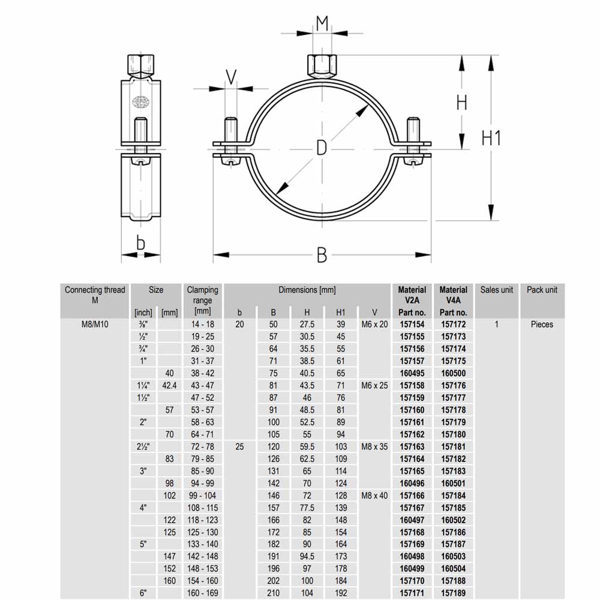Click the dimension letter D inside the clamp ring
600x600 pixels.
pyautogui.click(x=322, y=148)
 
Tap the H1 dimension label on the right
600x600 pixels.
pyautogui.click(x=491, y=138)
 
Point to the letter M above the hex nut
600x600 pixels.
pyautogui.click(x=322, y=23)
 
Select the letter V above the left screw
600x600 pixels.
pyautogui.click(x=231, y=77)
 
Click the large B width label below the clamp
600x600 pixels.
pyautogui.click(x=322, y=255)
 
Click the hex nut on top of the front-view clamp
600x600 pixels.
pyautogui.click(x=322, y=66)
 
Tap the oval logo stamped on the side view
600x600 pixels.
pyautogui.click(x=141, y=101)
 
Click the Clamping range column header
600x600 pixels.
pyautogui.click(x=202, y=301)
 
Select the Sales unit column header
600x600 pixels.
pyautogui.click(x=497, y=290)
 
